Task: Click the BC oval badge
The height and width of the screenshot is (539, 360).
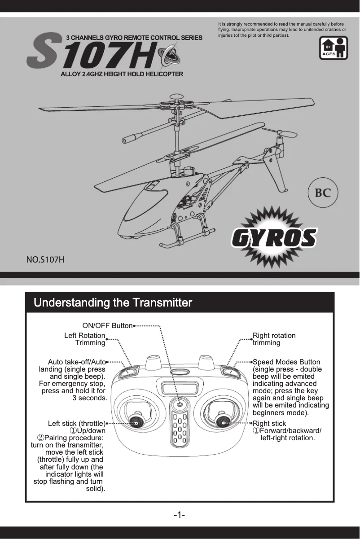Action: tap(322, 193)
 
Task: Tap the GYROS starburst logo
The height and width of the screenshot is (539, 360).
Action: tap(274, 237)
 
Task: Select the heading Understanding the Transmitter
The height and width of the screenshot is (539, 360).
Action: tap(113, 302)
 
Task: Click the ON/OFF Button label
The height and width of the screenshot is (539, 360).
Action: tap(107, 325)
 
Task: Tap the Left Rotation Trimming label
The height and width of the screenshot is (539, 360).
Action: tap(85, 339)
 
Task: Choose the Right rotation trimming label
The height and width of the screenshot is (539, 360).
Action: tap(274, 339)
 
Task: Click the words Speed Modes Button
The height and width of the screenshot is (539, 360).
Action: tap(287, 362)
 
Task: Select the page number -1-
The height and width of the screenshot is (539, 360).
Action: tap(180, 515)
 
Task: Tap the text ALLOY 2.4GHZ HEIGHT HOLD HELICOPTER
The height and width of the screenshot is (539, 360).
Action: tap(122, 74)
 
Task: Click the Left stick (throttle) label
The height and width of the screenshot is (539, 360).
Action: tap(77, 423)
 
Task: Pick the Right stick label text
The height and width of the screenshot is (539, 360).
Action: tap(269, 423)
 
